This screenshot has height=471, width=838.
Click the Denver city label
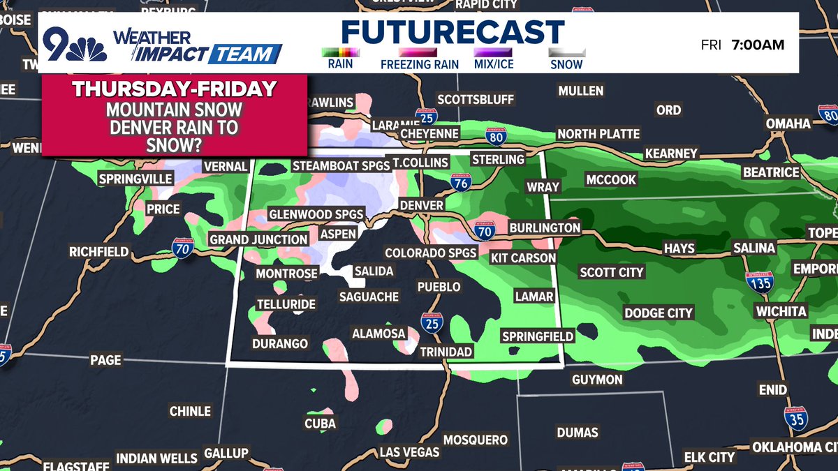point(421,206)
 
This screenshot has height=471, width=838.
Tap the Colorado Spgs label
point(431,253)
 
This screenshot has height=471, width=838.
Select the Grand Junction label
point(259,239)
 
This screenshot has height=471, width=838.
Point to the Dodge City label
point(658,313)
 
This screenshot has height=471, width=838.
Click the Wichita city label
point(780,311)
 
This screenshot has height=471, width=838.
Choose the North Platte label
point(598,134)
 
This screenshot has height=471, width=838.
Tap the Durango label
point(280,343)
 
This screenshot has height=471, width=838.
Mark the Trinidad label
point(446,352)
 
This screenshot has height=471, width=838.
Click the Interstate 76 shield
point(460,183)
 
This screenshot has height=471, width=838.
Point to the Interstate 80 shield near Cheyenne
point(496,136)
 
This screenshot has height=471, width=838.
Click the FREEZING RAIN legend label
point(419,65)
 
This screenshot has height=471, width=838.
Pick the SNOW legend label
point(566,65)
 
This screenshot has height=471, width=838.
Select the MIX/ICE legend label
point(492,65)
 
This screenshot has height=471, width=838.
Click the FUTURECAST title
point(453,33)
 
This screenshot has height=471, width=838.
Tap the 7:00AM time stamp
point(758,45)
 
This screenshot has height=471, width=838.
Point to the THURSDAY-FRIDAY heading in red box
point(174,89)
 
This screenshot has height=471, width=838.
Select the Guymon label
point(596,380)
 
